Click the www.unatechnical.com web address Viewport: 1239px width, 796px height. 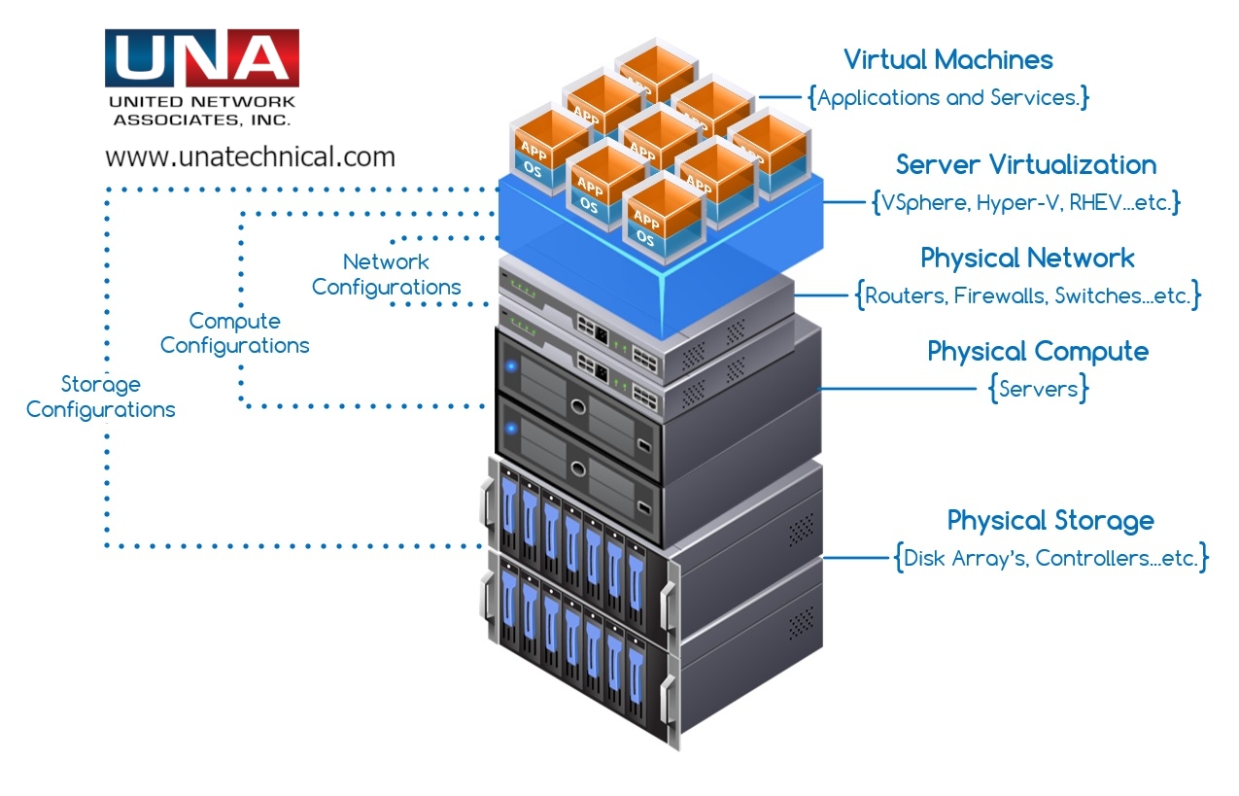(x=250, y=156)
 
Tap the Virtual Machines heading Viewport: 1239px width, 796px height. (x=947, y=60)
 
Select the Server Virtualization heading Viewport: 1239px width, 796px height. (x=1026, y=164)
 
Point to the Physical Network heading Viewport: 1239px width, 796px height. (x=1027, y=259)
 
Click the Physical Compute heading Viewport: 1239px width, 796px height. (x=1038, y=351)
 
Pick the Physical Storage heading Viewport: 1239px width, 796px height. (x=1050, y=520)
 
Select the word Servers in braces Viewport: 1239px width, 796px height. (x=1039, y=389)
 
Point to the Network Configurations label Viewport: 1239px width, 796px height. (x=386, y=275)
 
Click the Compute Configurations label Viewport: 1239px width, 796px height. (x=234, y=333)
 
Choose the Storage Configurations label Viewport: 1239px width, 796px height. (x=100, y=397)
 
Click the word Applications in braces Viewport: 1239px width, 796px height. (x=878, y=97)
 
